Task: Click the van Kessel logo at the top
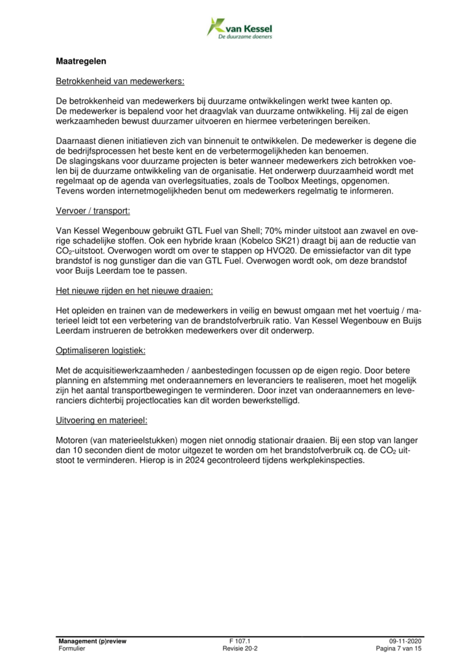coord(239,29)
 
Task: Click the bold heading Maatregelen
coord(81,62)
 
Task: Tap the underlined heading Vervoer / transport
coord(93,211)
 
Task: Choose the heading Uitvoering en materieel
coord(102,420)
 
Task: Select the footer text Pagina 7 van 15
coord(399,648)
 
